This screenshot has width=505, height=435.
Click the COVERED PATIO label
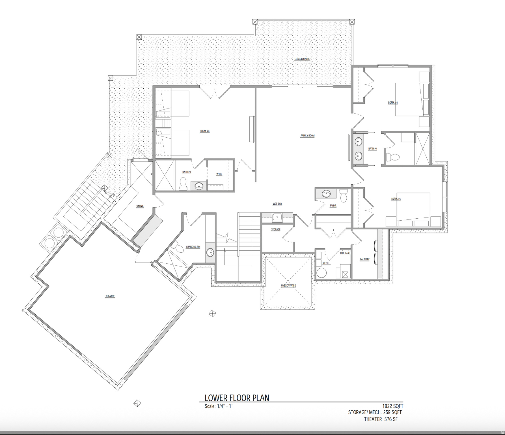click(302, 59)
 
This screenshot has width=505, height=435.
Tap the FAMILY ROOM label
click(307, 136)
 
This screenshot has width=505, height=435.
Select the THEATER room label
click(110, 296)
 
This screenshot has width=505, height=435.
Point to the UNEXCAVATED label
click(288, 286)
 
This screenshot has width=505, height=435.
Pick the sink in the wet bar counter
click(277, 217)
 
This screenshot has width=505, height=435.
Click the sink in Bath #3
click(199, 186)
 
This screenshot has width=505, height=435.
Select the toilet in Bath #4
click(393, 156)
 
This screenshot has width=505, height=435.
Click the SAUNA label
click(140, 206)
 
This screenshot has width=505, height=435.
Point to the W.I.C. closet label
click(219, 174)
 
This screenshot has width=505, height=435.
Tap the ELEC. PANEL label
click(345, 253)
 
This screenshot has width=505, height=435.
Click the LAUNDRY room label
click(364, 259)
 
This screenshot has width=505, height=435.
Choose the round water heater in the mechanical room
click(321, 273)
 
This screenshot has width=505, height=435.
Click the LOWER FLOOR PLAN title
click(237, 398)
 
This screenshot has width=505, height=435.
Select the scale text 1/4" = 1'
click(218, 406)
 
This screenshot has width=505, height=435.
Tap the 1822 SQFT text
click(393, 406)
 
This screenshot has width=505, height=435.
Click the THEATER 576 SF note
click(381, 419)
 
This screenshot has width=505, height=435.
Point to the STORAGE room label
click(276, 229)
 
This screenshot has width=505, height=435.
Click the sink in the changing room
click(210, 252)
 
